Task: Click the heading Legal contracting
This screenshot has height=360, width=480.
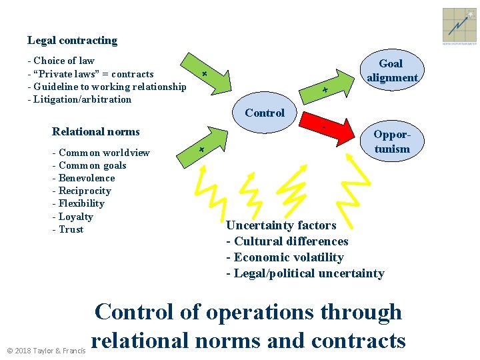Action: click(72, 41)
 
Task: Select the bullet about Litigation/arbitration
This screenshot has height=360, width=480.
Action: click(79, 99)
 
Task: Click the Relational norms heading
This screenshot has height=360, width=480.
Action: click(96, 131)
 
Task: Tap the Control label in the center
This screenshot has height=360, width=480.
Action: click(265, 113)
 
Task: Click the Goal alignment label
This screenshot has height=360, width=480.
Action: click(391, 71)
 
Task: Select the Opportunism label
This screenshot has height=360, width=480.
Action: click(391, 141)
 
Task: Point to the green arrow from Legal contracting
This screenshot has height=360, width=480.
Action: click(215, 78)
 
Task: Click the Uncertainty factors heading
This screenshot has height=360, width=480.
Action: click(281, 225)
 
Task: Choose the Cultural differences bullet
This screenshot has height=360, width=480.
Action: click(287, 241)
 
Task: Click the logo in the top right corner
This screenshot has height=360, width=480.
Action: click(459, 26)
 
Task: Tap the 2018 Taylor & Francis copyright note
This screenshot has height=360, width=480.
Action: click(46, 350)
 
